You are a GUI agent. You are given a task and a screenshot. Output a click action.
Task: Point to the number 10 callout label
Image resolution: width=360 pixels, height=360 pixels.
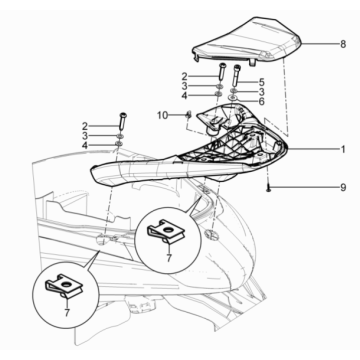tap(161, 117)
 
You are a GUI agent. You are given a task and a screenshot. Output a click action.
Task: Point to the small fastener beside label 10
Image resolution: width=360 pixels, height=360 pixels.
tap(187, 116)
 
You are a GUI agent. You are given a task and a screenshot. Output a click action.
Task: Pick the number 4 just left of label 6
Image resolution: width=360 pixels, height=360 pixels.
tap(184, 96)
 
